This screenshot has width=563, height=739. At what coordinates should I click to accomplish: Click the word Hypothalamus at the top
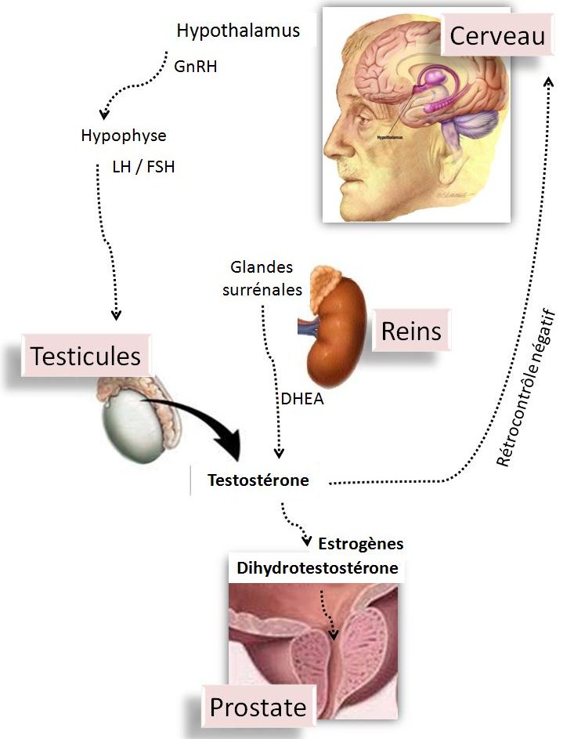[238, 31]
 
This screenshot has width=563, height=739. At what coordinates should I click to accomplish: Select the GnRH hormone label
[195, 67]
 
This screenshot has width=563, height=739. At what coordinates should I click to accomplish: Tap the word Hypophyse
[124, 136]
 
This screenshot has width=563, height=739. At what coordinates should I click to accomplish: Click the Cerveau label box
[496, 37]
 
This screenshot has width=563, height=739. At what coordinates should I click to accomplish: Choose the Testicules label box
[86, 356]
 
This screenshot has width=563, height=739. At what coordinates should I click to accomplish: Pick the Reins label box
[411, 331]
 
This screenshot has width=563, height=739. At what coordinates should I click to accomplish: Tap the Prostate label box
[258, 708]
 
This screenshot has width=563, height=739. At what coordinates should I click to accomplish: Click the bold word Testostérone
[258, 480]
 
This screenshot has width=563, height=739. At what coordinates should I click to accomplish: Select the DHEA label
[302, 399]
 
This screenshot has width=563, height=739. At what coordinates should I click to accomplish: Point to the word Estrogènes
[361, 542]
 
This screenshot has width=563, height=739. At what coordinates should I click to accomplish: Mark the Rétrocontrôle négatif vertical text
[525, 388]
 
